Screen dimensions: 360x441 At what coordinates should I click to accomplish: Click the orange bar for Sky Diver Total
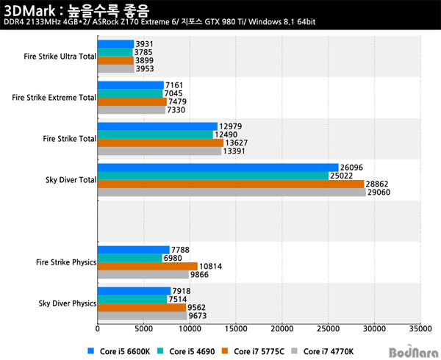tap(231, 184)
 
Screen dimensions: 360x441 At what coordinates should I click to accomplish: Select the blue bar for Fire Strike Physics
tap(133, 250)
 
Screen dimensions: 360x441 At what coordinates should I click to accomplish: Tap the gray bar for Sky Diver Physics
tap(142, 316)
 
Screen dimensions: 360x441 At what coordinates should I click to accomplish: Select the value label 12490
tap(226, 134)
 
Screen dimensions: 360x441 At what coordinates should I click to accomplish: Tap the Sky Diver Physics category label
tap(67, 303)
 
